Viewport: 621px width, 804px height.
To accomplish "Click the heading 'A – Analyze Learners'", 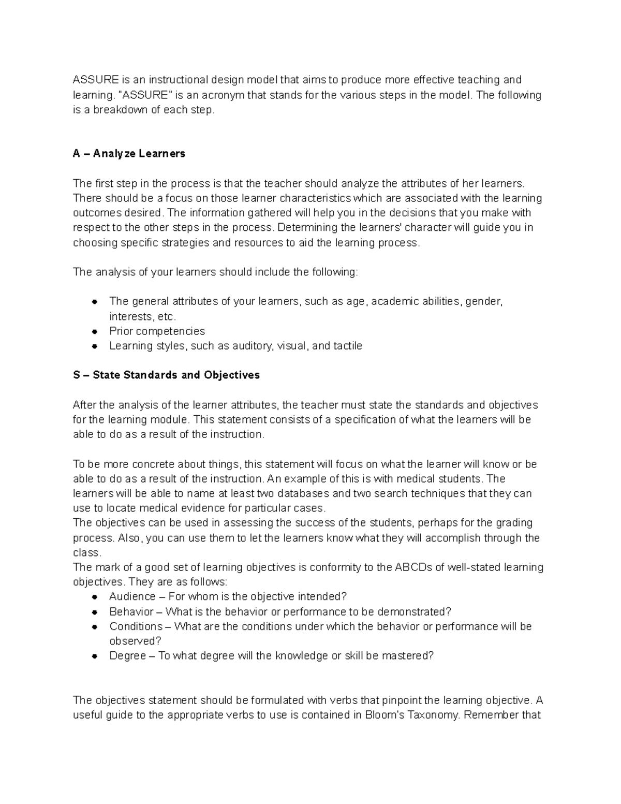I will pyautogui.click(x=129, y=154).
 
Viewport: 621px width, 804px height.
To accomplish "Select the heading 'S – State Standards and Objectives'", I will pyautogui.click(x=166, y=375).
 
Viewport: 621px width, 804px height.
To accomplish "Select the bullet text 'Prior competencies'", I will pyautogui.click(x=157, y=331).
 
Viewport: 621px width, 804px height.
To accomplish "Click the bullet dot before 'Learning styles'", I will pyautogui.click(x=95, y=346).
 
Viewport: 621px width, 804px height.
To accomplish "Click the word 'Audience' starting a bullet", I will pyautogui.click(x=132, y=596).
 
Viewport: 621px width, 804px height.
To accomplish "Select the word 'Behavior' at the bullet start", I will pyautogui.click(x=131, y=611).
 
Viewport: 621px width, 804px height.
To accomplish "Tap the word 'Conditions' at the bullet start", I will pyautogui.click(x=136, y=626).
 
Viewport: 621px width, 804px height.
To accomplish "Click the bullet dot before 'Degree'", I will pyautogui.click(x=95, y=656).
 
